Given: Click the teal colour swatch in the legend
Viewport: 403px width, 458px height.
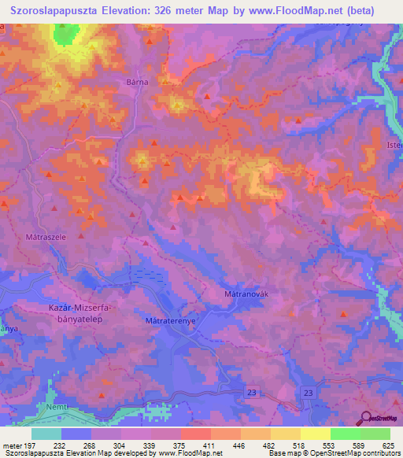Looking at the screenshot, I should coord(46,434).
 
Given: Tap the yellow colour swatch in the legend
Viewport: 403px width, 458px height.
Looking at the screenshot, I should coord(315,434).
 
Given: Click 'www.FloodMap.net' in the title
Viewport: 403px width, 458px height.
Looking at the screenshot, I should coord(297,10).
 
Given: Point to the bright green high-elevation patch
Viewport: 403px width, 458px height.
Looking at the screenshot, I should coord(67,33).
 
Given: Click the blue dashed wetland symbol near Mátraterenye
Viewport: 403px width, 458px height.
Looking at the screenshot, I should coord(148,274).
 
